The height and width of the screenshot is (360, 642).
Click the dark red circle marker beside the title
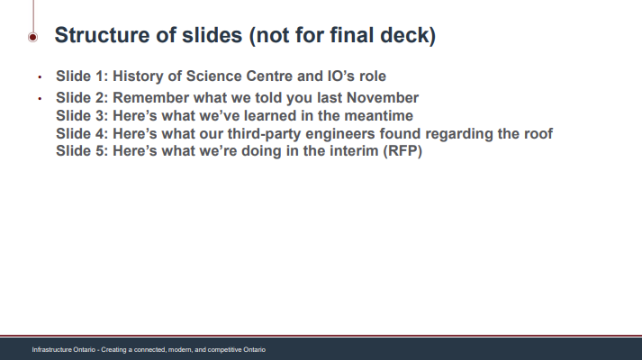click(x=32, y=37)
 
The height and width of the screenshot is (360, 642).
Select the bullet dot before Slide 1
click(x=40, y=76)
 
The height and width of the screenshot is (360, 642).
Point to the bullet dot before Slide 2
click(x=40, y=99)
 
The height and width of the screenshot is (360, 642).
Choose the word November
click(x=383, y=98)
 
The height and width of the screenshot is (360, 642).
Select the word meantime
click(x=379, y=116)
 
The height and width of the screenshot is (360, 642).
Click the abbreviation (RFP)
click(x=402, y=151)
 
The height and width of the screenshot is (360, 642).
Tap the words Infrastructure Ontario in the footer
click(x=64, y=350)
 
